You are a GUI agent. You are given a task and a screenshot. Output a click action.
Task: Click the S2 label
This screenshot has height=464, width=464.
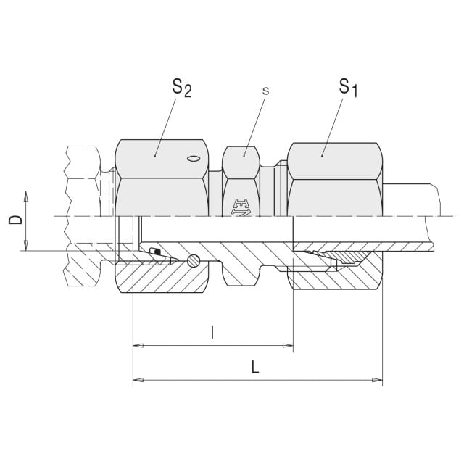pos(182,88)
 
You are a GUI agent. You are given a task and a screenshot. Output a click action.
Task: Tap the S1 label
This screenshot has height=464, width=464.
pos(348,88)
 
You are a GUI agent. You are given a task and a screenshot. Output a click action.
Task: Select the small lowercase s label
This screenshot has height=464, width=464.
pos(266,91)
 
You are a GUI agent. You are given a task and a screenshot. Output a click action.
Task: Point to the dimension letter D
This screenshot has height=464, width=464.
pos(15,220)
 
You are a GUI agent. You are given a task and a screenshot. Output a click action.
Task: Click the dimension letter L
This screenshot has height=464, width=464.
pos(255,367)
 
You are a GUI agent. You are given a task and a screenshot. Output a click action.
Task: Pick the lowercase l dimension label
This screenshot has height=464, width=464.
pos(212,332)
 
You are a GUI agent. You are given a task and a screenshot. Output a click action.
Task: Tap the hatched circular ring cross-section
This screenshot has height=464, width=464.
pos(194,260)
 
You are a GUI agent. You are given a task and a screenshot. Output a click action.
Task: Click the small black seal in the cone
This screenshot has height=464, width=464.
pos(156,252)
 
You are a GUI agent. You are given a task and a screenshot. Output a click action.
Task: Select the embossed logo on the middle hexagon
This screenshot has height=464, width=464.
pos(241,207)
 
